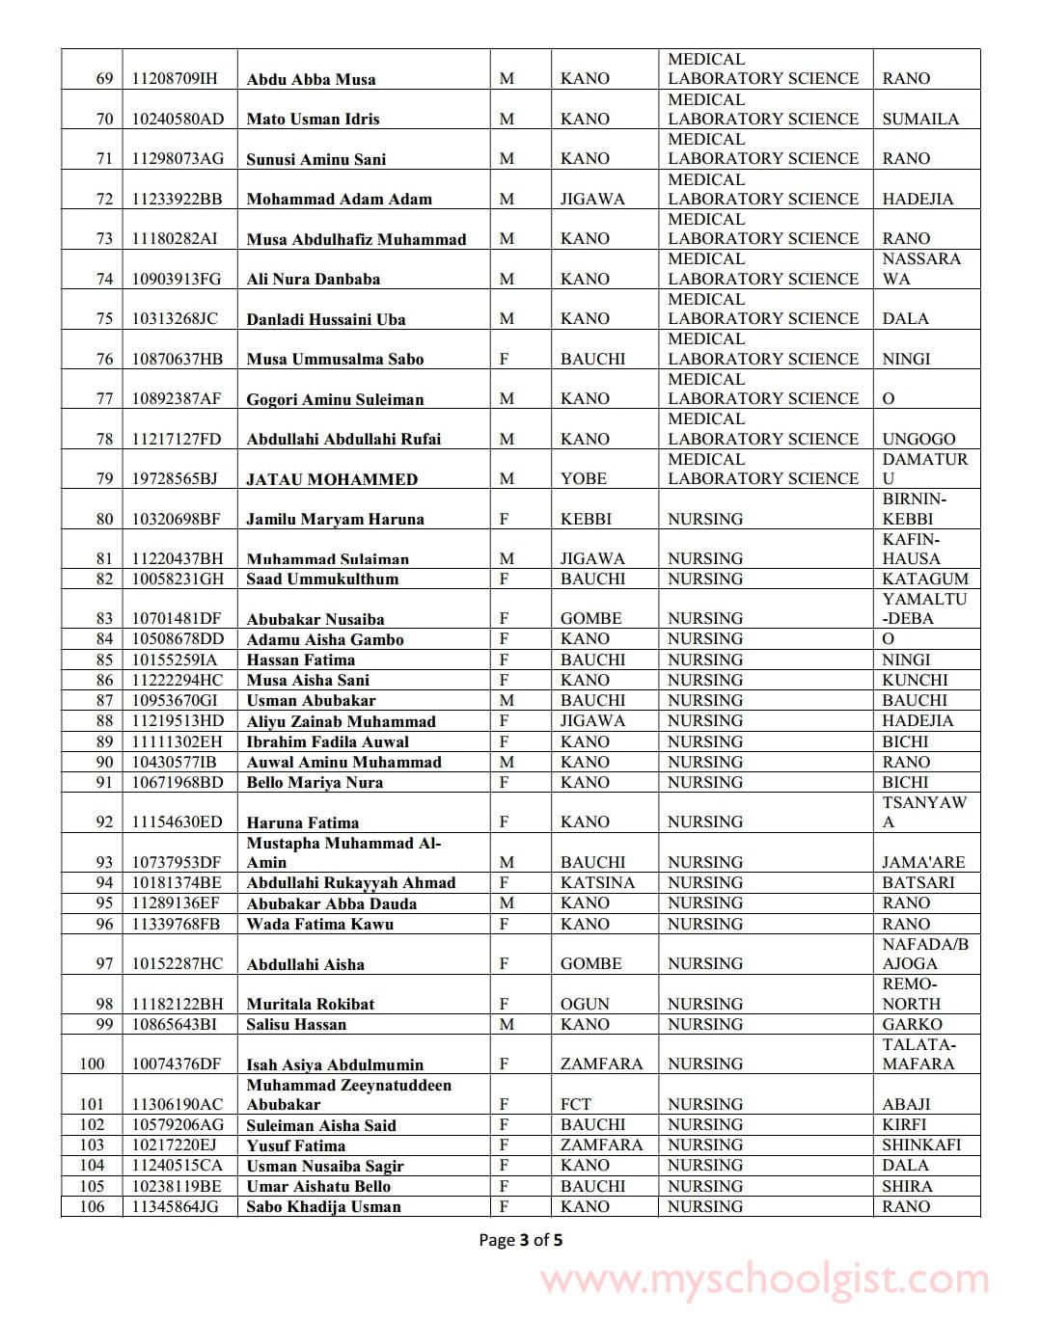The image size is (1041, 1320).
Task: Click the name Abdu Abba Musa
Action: (x=311, y=79)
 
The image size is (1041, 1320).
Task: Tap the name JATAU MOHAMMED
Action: (x=332, y=479)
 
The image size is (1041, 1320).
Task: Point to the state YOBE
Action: (x=584, y=478)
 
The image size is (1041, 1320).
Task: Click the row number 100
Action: (x=93, y=1064)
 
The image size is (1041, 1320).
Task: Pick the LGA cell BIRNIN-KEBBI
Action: (x=914, y=508)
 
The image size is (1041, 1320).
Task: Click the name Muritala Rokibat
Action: (x=310, y=1004)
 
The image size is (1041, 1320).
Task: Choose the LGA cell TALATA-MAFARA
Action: (x=918, y=1054)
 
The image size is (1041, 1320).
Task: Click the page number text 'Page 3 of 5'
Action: (x=520, y=1239)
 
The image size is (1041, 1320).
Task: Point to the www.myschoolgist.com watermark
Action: (x=764, y=1280)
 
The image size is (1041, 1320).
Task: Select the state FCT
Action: (x=576, y=1104)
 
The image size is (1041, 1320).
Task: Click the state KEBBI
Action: (x=586, y=519)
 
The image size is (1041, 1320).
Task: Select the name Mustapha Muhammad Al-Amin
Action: (x=342, y=852)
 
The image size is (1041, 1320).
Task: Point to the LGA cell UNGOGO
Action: (x=918, y=439)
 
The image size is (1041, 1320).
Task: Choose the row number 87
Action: (x=104, y=700)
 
